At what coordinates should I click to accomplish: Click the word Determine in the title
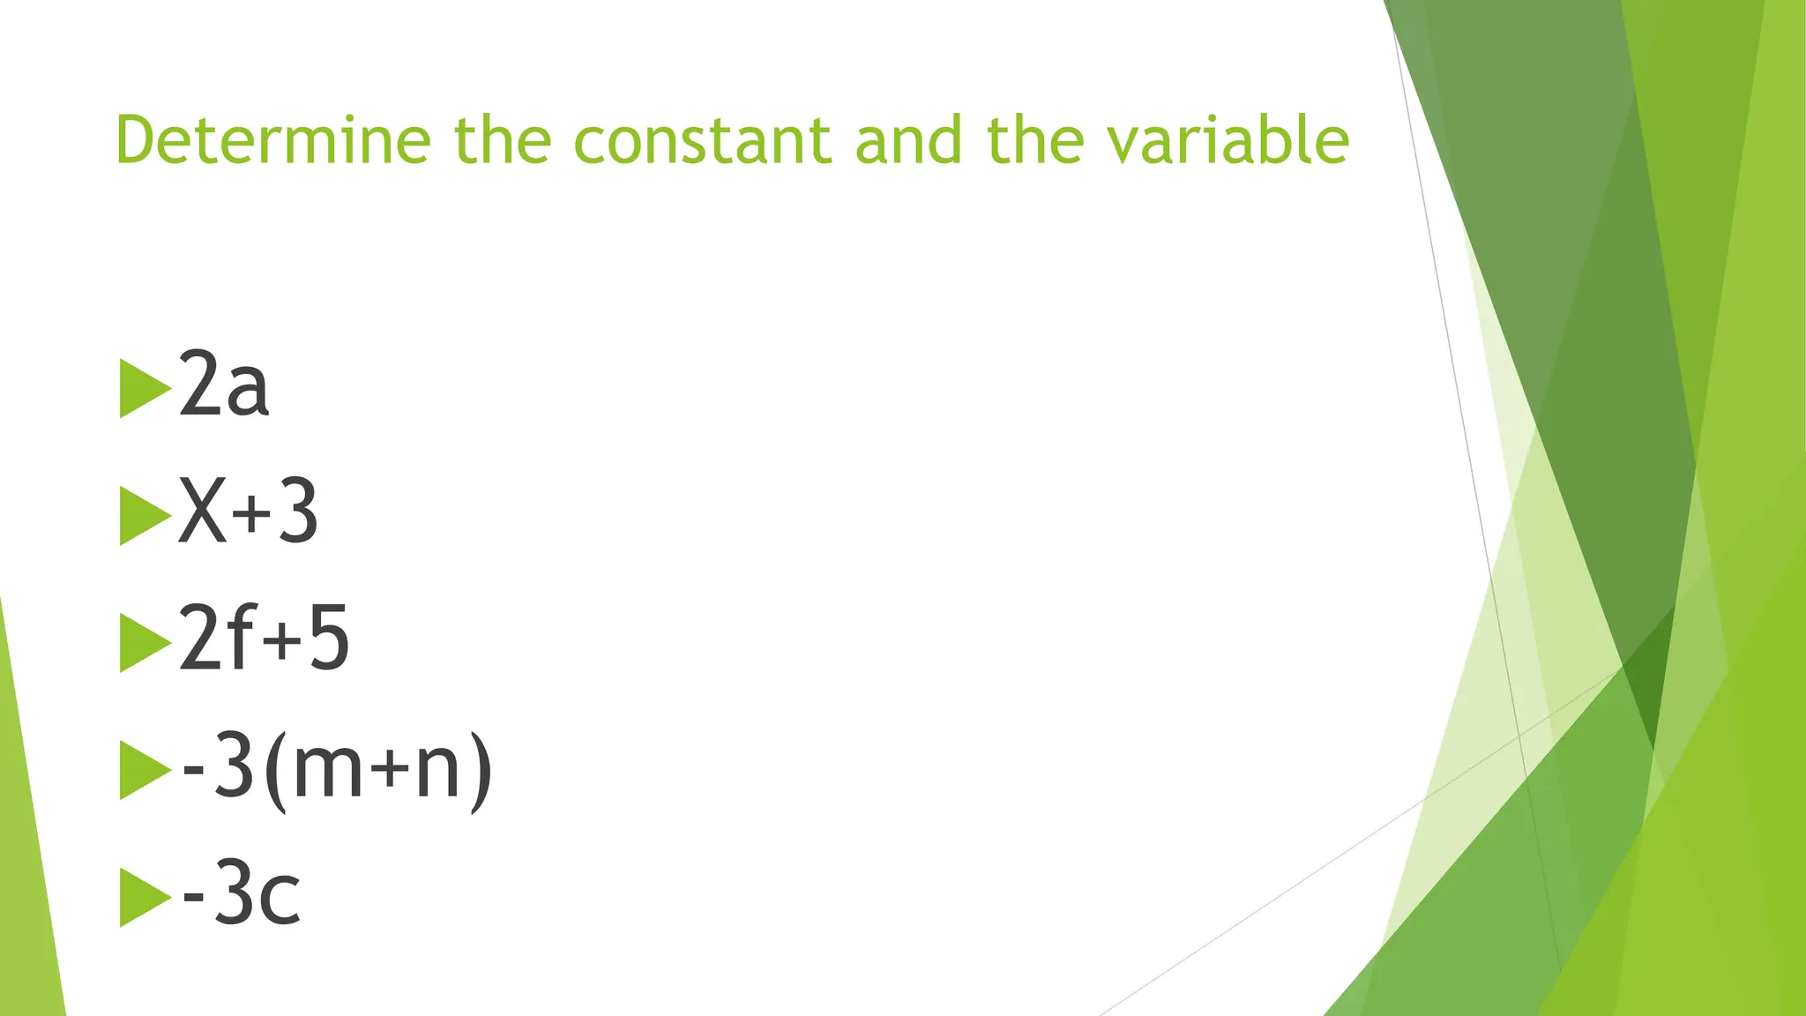pyautogui.click(x=272, y=140)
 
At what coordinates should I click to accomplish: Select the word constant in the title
pyautogui.click(x=702, y=140)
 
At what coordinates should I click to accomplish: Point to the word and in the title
pyautogui.click(x=908, y=140)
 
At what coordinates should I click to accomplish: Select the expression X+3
pyautogui.click(x=248, y=512)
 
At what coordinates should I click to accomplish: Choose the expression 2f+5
pyautogui.click(x=264, y=639)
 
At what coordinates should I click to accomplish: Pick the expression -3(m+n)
pyautogui.click(x=336, y=767)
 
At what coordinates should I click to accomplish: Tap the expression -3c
pyautogui.click(x=241, y=894)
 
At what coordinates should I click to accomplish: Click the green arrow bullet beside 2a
pyautogui.click(x=144, y=389)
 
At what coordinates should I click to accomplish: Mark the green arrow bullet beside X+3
pyautogui.click(x=144, y=516)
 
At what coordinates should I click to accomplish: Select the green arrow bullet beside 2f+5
pyautogui.click(x=144, y=643)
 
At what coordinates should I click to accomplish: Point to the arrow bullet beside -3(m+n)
pyautogui.click(x=144, y=771)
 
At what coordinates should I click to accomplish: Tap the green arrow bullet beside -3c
pyautogui.click(x=144, y=898)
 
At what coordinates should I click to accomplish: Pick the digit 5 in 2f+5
pyautogui.click(x=329, y=639)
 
